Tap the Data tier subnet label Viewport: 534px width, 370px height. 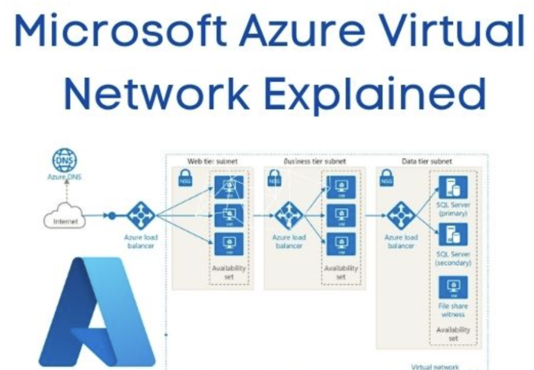[427, 161]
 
